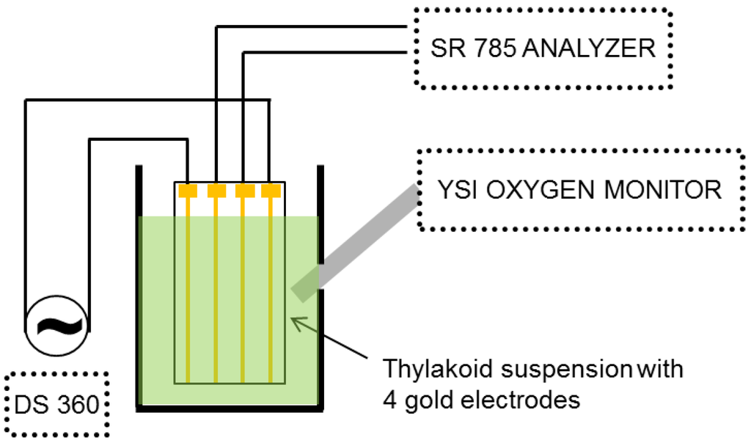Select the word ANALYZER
[x=582, y=48]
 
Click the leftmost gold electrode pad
[x=188, y=191]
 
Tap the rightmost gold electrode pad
[x=271, y=191]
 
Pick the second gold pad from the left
[x=216, y=191]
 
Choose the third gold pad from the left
[x=243, y=191]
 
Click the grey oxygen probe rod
[x=359, y=241]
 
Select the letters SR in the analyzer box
[x=444, y=48]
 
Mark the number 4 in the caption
[x=387, y=400]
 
